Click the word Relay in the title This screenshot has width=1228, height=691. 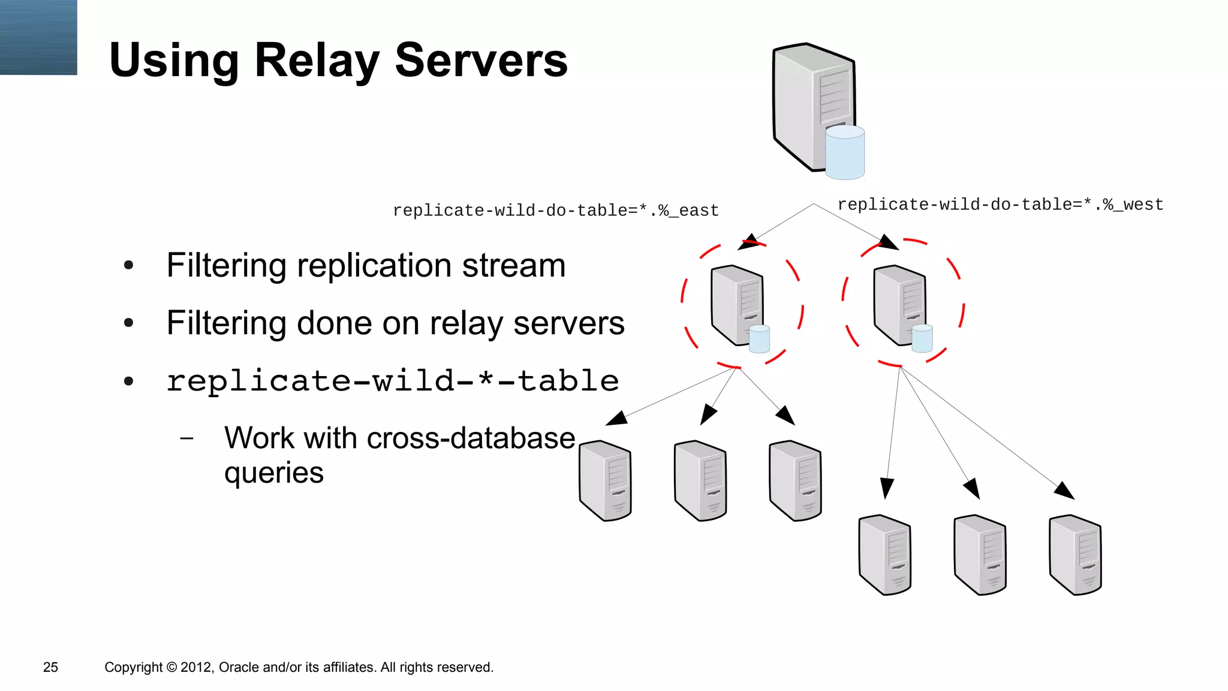coord(317,61)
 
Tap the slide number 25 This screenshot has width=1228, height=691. coord(50,667)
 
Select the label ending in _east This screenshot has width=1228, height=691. coord(555,211)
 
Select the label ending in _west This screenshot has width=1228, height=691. coord(1000,205)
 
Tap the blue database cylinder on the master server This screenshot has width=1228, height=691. coord(845,152)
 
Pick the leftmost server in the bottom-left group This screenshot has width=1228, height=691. coord(605,480)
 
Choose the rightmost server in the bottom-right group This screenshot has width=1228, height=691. coord(1075,555)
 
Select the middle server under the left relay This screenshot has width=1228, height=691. coord(700,480)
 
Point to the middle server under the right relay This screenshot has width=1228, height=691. coord(980,555)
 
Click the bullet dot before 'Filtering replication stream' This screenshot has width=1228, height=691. coord(128,266)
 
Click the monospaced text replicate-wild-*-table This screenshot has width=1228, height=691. coord(392,381)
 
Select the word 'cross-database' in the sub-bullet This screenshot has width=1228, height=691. coord(471,438)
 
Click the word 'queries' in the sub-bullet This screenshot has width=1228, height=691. coord(273,473)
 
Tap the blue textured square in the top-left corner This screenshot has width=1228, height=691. coord(38,37)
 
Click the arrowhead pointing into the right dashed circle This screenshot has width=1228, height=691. coord(889,242)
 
